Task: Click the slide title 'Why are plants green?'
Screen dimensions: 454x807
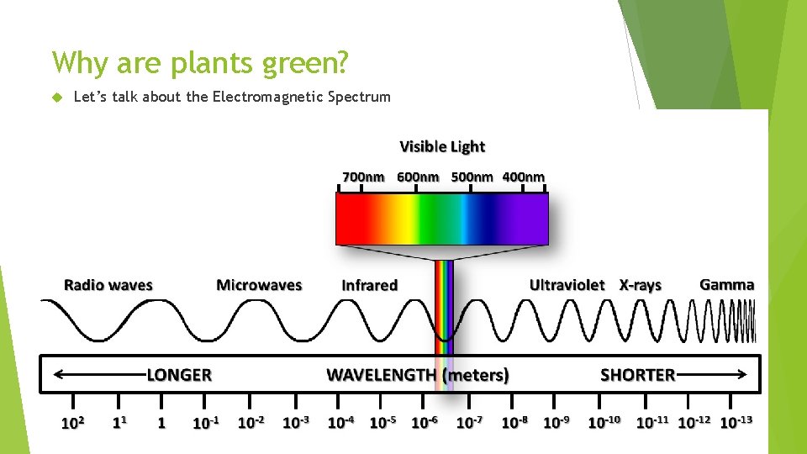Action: click(200, 62)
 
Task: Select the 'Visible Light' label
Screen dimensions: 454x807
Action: click(442, 147)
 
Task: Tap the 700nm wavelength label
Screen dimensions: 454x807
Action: click(363, 177)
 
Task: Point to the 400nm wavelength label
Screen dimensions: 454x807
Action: click(523, 177)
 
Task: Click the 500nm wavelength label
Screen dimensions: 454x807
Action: click(472, 177)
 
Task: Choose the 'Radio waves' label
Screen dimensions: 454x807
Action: click(108, 285)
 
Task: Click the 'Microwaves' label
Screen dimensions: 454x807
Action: click(259, 285)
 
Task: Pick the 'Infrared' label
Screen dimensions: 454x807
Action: click(369, 286)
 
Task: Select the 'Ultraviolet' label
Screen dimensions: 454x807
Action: click(567, 285)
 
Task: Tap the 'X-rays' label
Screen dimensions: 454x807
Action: click(641, 285)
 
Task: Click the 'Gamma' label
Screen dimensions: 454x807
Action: click(727, 284)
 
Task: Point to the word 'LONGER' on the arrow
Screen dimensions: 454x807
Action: click(179, 375)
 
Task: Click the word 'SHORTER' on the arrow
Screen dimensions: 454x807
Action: click(637, 375)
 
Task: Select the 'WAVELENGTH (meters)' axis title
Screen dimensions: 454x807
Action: click(418, 375)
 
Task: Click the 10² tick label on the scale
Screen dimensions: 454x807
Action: click(72, 422)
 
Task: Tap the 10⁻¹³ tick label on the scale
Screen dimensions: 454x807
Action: click(736, 420)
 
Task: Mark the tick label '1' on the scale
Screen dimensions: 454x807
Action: click(161, 423)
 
